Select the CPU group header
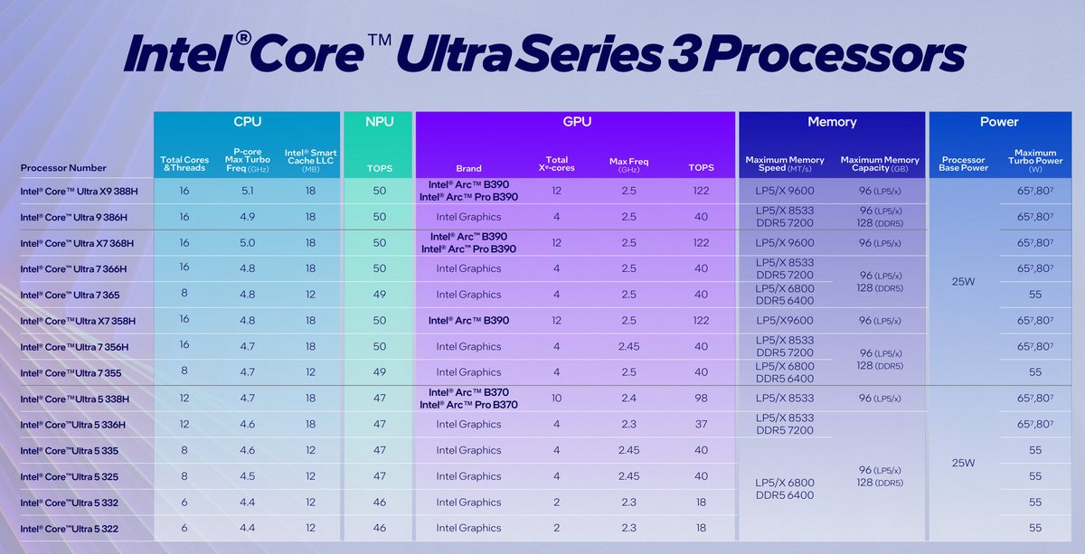[248, 121]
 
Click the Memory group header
[832, 121]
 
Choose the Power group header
[999, 121]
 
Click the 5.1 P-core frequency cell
[245, 191]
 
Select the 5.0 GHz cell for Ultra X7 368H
[245, 242]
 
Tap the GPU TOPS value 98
[700, 399]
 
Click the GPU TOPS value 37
[700, 424]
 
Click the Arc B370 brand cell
[468, 399]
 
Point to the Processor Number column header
[63, 167]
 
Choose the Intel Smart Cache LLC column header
[311, 158]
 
